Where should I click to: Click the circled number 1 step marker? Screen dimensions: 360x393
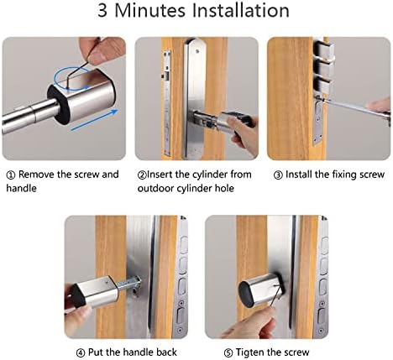(11, 175)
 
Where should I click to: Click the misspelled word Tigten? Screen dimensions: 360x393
(239, 352)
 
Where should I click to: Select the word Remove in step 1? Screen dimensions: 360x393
(38, 175)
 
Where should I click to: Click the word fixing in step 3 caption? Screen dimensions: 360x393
(338, 175)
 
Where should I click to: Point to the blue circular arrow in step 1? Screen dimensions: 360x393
(66, 81)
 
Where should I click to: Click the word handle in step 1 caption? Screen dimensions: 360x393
(23, 189)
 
